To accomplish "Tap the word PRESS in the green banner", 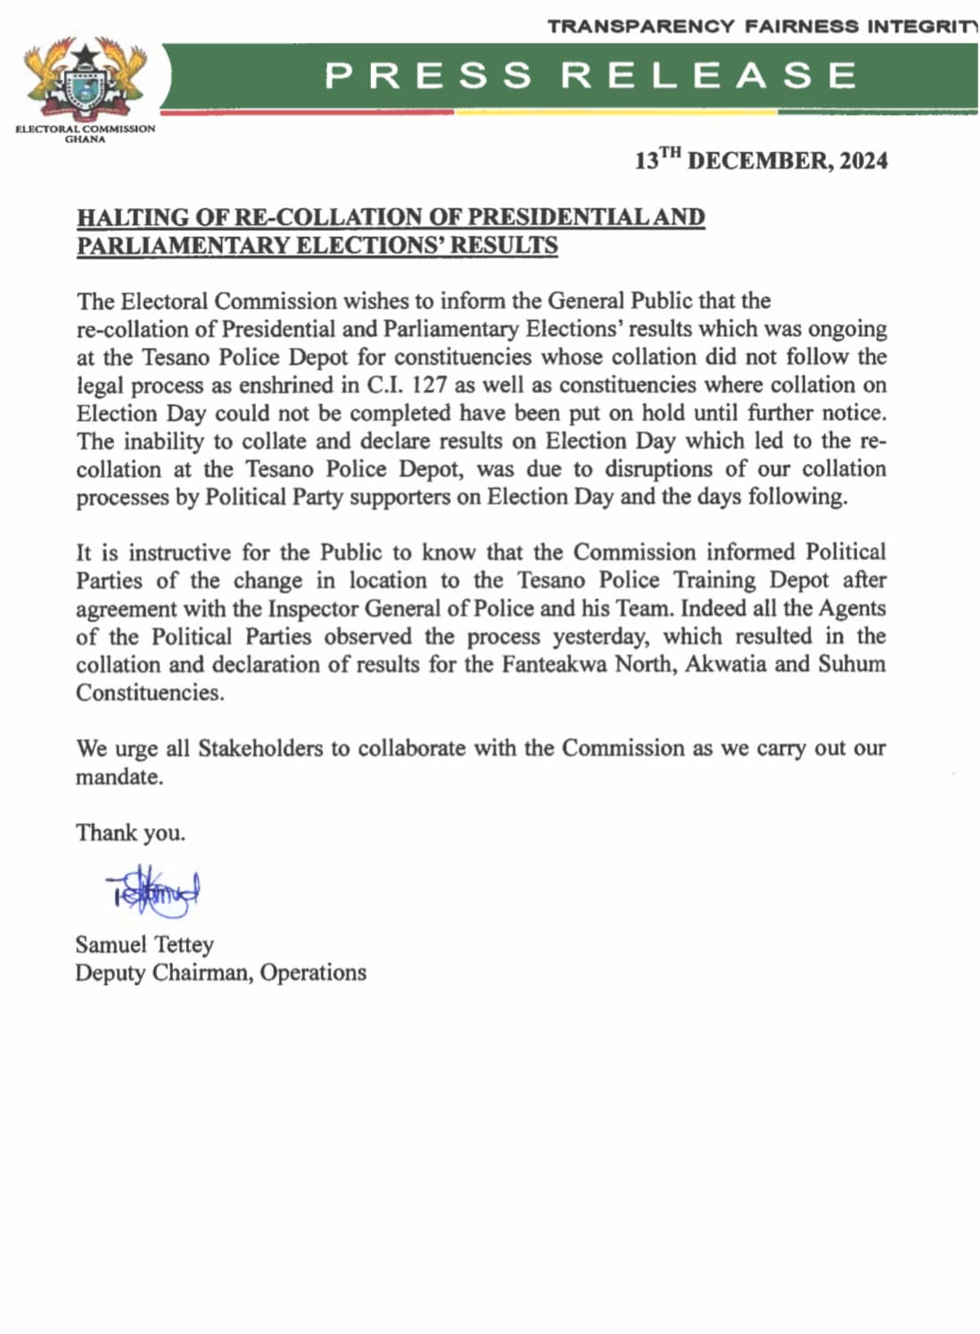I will [x=428, y=76].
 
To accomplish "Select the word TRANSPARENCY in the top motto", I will [x=641, y=27].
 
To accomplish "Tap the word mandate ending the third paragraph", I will [x=119, y=777].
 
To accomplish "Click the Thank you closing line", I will [x=130, y=833].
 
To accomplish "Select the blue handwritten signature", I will [x=152, y=891].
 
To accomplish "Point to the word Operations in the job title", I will [x=313, y=973].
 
